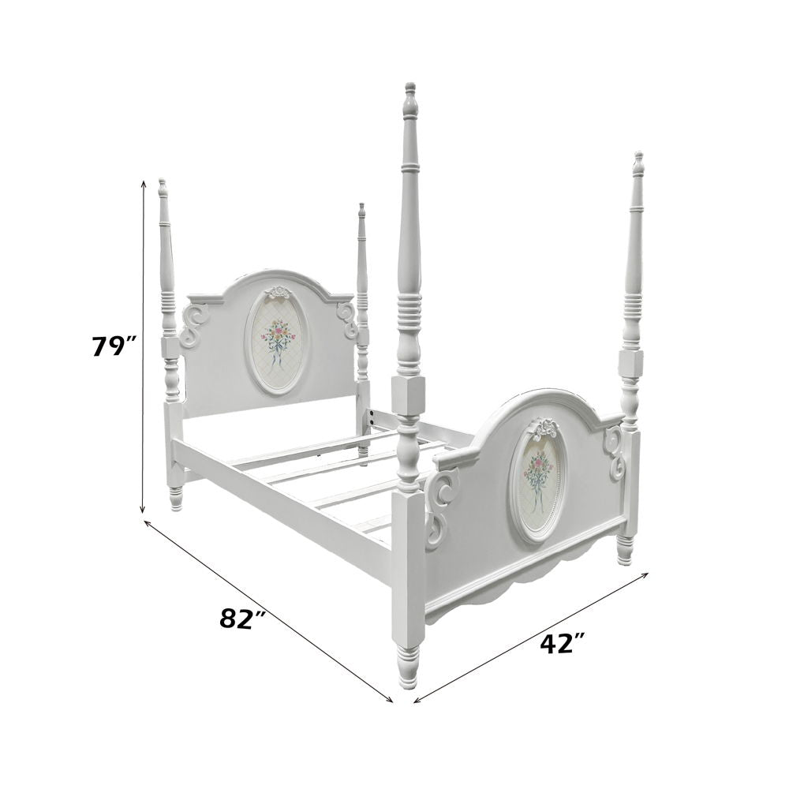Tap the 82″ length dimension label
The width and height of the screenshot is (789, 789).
(x=242, y=618)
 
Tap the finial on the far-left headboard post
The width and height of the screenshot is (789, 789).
(x=162, y=189)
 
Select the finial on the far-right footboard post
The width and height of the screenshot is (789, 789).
(x=639, y=163)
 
